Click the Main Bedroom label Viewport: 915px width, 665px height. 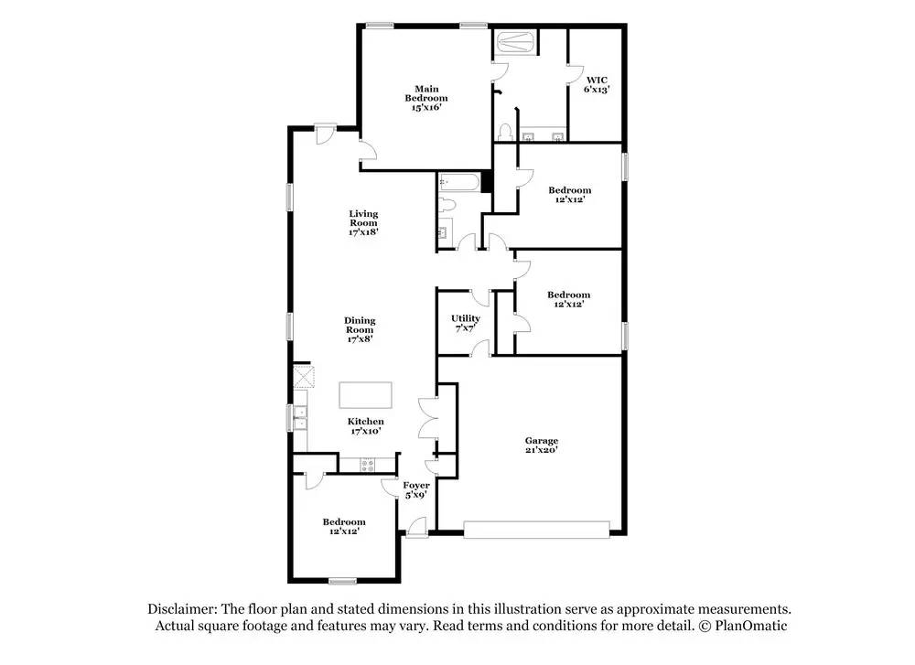pyautogui.click(x=426, y=93)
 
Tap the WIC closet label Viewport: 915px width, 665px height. pyautogui.click(x=597, y=80)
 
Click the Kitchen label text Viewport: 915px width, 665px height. pyautogui.click(x=365, y=421)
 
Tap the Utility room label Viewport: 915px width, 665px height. pyautogui.click(x=466, y=318)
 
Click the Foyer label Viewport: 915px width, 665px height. pyautogui.click(x=417, y=485)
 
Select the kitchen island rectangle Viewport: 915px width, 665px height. pyautogui.click(x=366, y=395)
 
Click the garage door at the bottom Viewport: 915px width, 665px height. pyautogui.click(x=536, y=528)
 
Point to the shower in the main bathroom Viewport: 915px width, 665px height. pyautogui.click(x=516, y=42)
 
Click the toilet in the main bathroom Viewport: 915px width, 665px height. pyautogui.click(x=504, y=133)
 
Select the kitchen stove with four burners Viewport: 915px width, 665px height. pyautogui.click(x=368, y=464)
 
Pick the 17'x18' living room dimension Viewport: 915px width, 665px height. pyautogui.click(x=363, y=232)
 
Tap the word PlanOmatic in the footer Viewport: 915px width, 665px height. pyautogui.click(x=752, y=626)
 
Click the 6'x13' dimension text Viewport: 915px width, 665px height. pyautogui.click(x=597, y=90)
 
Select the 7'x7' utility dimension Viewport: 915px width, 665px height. pyautogui.click(x=466, y=328)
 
